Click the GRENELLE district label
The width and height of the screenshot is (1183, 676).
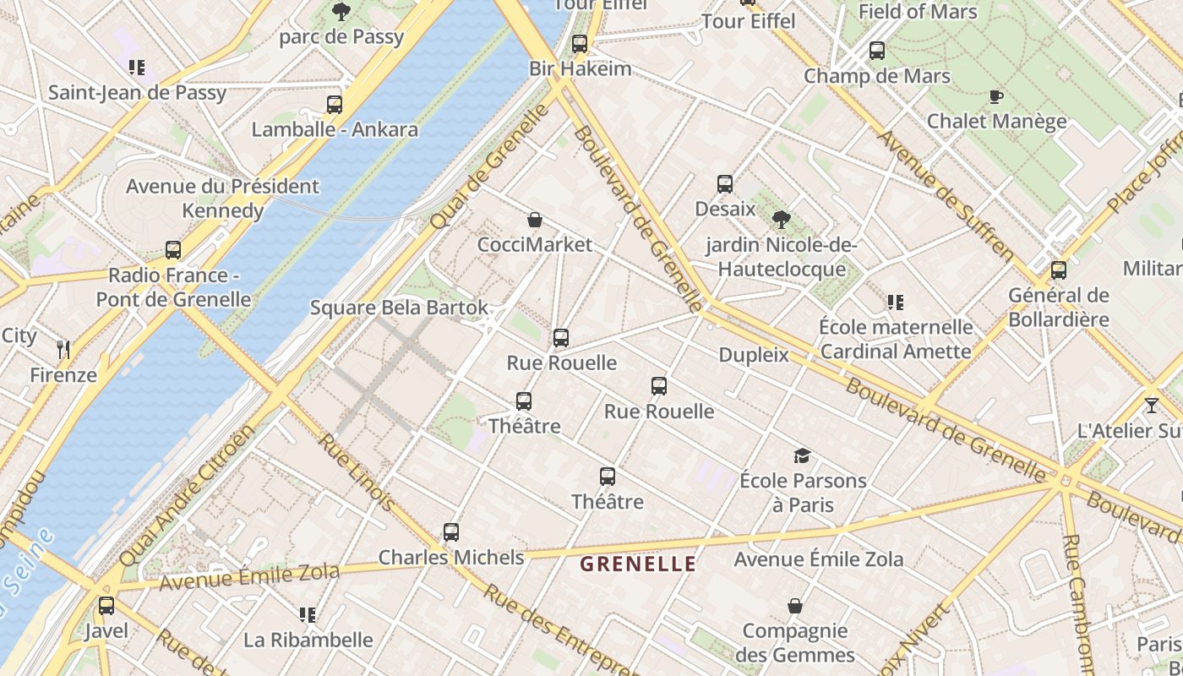pos(638,564)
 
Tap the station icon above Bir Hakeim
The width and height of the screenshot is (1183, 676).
pos(579,44)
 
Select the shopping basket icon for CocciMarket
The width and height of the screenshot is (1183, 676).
pos(535,221)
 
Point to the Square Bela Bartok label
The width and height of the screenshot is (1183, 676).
pos(399,308)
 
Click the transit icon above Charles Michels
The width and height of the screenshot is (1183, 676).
pos(451,532)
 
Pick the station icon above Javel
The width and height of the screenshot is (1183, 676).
pos(106,606)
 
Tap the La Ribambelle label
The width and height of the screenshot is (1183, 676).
pos(308,640)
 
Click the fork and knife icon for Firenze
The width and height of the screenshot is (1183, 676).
pos(63,350)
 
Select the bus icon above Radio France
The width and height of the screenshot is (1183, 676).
pos(173,250)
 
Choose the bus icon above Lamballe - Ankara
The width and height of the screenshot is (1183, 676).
pos(335,105)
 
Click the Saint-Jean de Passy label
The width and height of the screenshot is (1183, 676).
pos(137,93)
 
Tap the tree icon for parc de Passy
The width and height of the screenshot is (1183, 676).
pos(341,12)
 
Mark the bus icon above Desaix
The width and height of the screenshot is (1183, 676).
pos(724,184)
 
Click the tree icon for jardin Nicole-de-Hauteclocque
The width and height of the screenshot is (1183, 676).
pos(782,220)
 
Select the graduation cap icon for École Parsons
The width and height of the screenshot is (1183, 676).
pos(802,456)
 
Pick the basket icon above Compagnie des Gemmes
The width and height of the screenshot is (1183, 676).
pos(794,606)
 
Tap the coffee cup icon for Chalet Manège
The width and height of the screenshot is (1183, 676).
pos(996,96)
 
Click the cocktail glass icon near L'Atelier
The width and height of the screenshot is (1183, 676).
pos(1151,406)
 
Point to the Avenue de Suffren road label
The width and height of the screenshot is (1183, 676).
pos(946,194)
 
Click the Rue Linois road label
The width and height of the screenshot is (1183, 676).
pos(356,472)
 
